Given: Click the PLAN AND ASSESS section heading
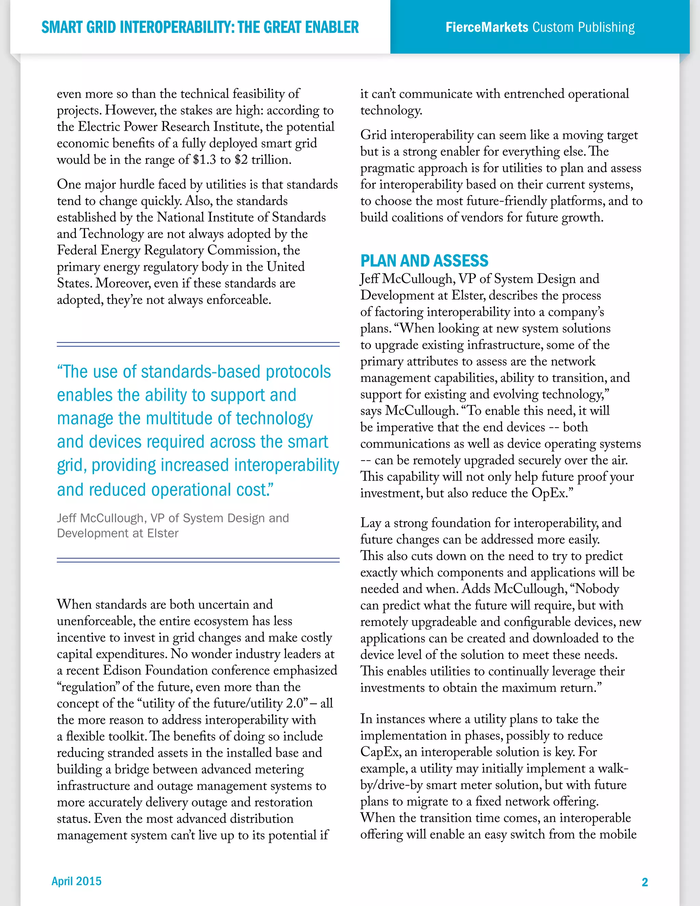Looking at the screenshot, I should (424, 261).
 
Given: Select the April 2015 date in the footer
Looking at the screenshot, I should (76, 881).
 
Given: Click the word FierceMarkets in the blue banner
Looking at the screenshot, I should (486, 27).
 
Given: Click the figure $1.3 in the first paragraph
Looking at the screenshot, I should (204, 160).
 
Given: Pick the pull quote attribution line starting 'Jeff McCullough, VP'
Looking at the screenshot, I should (173, 518).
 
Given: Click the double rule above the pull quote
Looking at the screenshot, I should (198, 344).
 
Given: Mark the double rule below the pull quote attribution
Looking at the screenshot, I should (198, 560).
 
